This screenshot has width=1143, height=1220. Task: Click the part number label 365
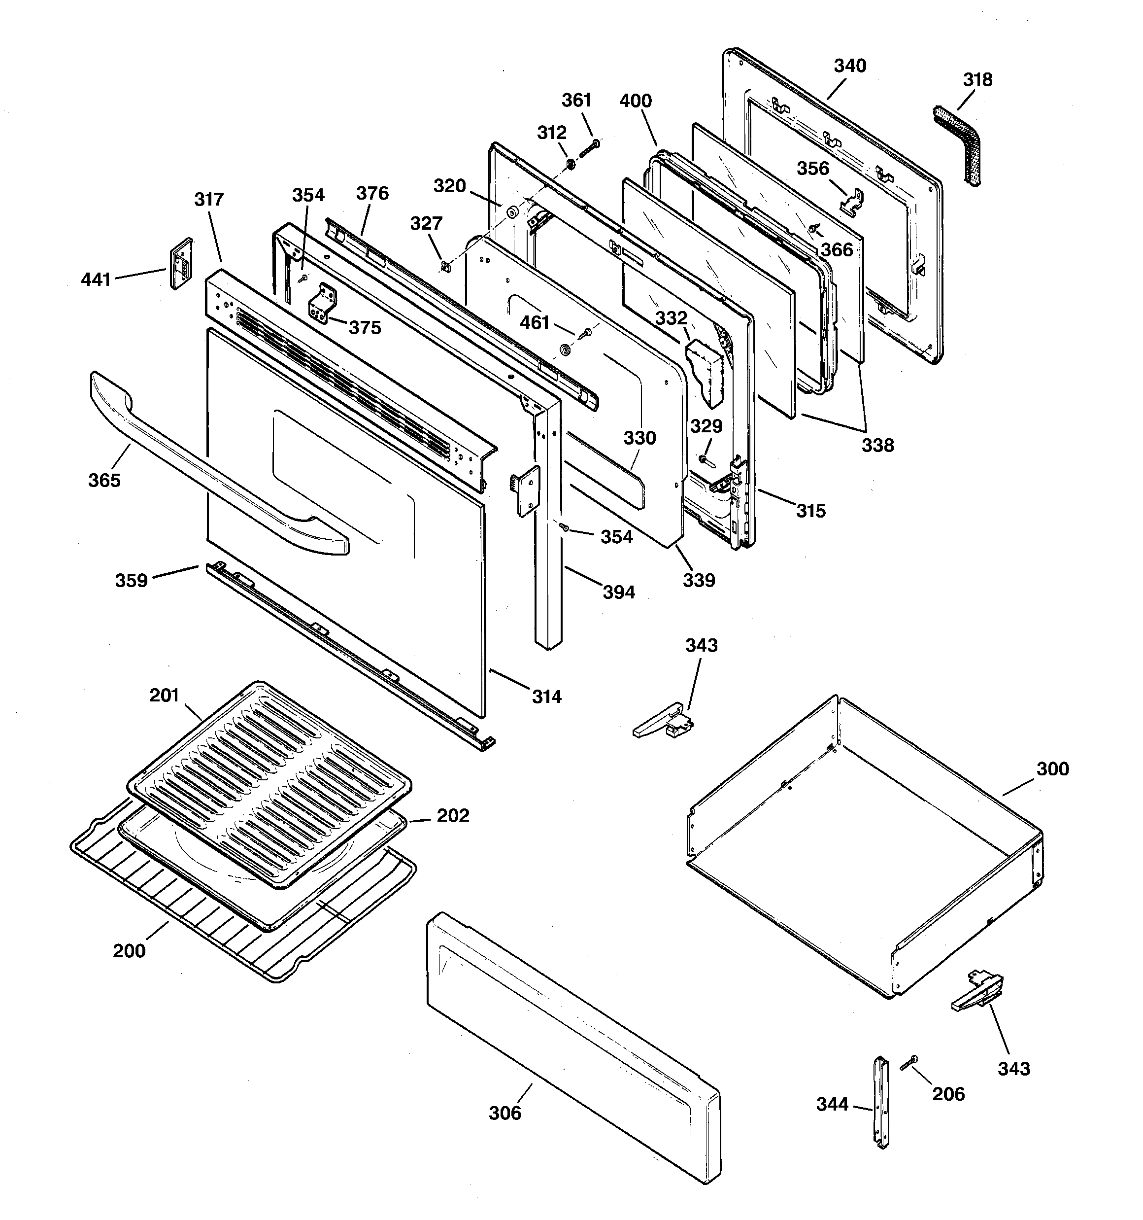[x=104, y=480]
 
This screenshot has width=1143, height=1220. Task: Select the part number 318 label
[x=977, y=80]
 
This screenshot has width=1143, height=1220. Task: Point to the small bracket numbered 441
[x=180, y=264]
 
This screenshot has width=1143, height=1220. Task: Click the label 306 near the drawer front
[x=505, y=1113]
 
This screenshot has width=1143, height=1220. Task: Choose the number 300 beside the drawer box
[x=1053, y=769]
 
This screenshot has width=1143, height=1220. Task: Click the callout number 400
[x=636, y=101]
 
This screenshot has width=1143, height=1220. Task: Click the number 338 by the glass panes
[x=878, y=445]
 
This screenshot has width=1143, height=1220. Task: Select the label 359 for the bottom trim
[x=131, y=581]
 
